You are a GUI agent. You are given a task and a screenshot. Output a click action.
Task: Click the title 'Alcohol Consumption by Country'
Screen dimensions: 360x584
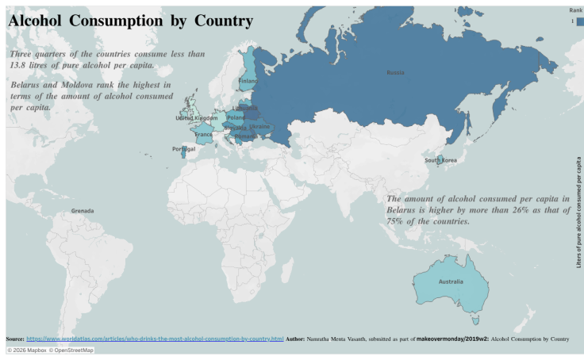coord(130,21)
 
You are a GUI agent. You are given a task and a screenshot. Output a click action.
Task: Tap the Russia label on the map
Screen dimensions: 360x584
coord(395,72)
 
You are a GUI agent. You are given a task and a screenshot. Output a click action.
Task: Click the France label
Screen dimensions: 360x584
coord(204,135)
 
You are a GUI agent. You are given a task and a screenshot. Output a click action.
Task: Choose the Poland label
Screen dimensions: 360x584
coord(236,117)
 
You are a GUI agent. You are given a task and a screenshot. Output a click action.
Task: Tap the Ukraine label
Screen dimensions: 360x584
coord(259,126)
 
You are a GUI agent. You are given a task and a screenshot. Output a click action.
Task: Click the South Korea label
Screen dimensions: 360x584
coord(440,160)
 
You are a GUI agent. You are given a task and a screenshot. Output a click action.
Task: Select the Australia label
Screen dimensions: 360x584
coord(450,281)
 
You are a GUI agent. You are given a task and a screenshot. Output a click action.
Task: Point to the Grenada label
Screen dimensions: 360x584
coord(83,211)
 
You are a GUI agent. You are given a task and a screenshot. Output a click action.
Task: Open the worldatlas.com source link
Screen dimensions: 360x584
coord(155,339)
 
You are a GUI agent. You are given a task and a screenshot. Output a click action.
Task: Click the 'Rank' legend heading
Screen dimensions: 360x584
coord(575,10)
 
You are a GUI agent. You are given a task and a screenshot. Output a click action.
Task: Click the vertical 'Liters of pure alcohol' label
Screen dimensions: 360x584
coord(578,212)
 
